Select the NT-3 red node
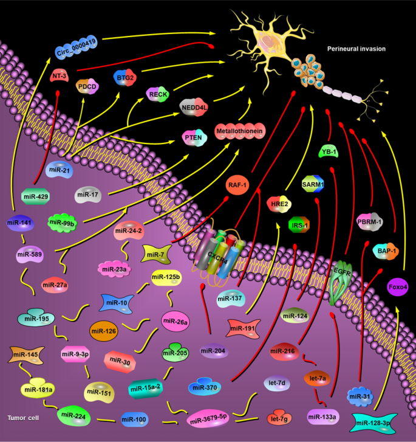[x=60, y=76]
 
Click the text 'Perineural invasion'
[x=356, y=48]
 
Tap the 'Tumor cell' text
[x=24, y=418]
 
